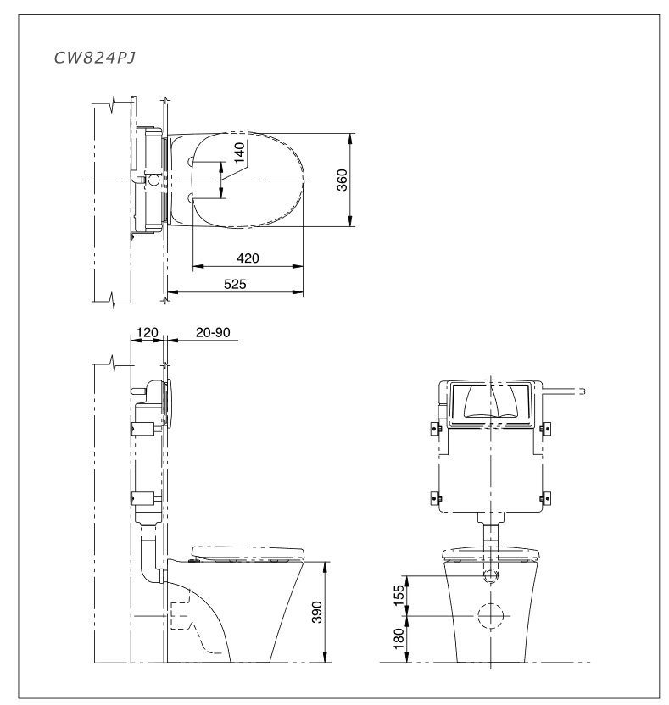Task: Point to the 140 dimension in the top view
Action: point(239,153)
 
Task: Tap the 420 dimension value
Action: point(248,258)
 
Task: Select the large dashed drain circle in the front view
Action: point(489,615)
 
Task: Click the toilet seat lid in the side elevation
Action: point(247,550)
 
